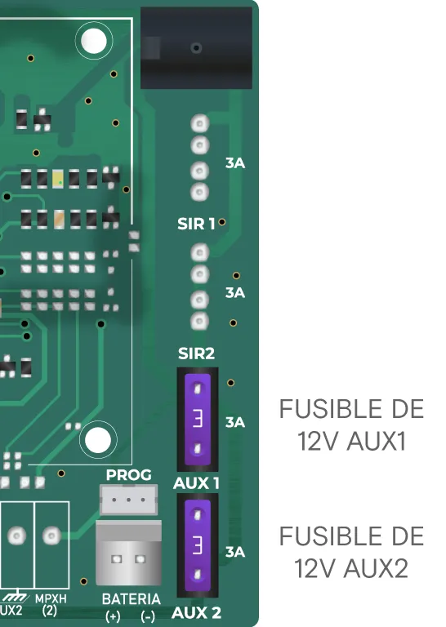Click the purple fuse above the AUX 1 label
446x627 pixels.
197,420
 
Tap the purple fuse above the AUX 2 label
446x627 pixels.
197,545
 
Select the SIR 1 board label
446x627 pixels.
196,224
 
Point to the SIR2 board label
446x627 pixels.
196,354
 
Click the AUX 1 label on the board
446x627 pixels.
196,483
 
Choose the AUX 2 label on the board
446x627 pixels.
196,613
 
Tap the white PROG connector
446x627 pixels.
128,500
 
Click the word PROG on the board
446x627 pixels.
129,475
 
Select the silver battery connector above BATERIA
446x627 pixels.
129,553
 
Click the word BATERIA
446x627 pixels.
132,599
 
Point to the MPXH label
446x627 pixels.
51,599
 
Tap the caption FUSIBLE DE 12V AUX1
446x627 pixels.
351,425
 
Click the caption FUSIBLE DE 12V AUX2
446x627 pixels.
351,552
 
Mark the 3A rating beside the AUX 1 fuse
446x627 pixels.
234,422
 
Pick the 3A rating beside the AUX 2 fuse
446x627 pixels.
234,552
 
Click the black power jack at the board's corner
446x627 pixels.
196,48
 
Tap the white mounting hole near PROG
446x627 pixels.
98,440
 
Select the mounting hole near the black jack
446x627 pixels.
94,41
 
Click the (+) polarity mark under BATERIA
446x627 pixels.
113,616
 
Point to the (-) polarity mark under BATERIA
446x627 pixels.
148,616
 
